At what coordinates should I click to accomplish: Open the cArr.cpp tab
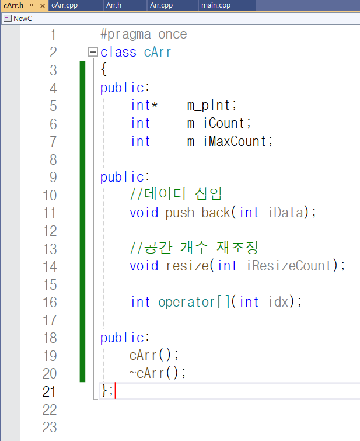coord(64,5)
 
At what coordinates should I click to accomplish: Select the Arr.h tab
coord(113,5)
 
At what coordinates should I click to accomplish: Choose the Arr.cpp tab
coord(161,5)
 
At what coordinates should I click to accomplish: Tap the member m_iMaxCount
coord(230,141)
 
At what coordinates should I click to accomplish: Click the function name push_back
coord(198,213)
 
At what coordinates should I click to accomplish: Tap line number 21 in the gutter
coord(50,391)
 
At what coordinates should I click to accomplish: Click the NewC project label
coord(23,18)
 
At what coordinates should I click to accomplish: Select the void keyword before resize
coord(144,266)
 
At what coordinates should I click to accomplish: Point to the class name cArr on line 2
coord(158,52)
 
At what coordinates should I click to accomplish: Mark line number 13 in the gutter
coord(50,248)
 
